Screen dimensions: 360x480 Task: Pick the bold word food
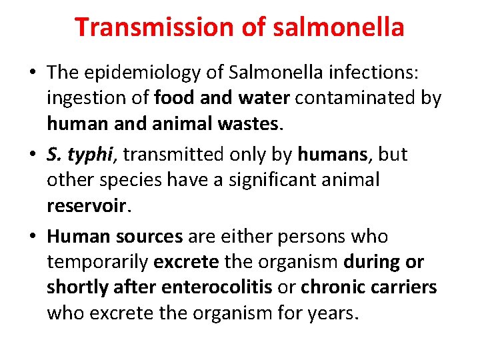click(173, 99)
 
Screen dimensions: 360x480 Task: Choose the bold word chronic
click(331, 288)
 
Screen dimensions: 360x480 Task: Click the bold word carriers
click(402, 288)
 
